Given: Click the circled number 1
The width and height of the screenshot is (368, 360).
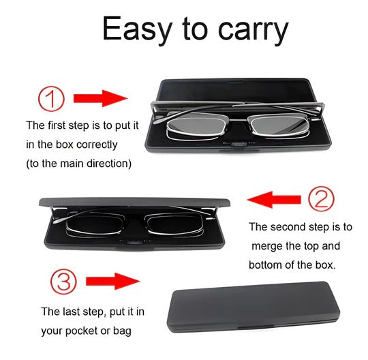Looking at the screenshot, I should [50, 98].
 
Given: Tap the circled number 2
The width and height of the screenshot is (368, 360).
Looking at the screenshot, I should [321, 199].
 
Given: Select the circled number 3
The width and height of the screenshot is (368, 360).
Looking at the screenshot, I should [65, 280].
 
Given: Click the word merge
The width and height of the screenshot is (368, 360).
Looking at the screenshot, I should [267, 245].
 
